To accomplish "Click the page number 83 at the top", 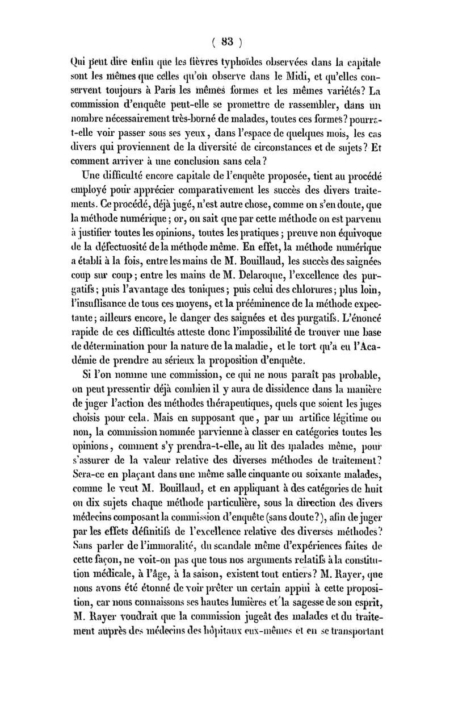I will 227,41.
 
